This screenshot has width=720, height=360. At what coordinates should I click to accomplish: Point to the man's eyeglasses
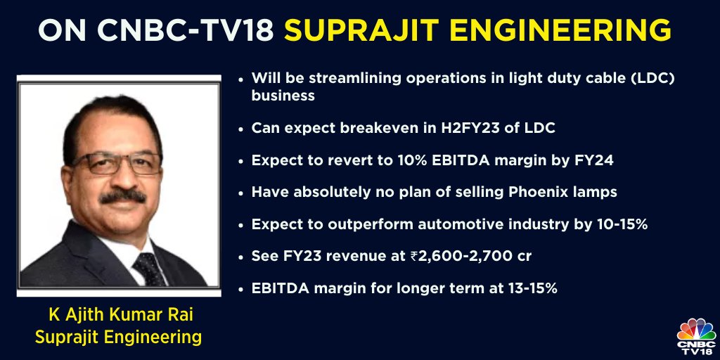[115, 163]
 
